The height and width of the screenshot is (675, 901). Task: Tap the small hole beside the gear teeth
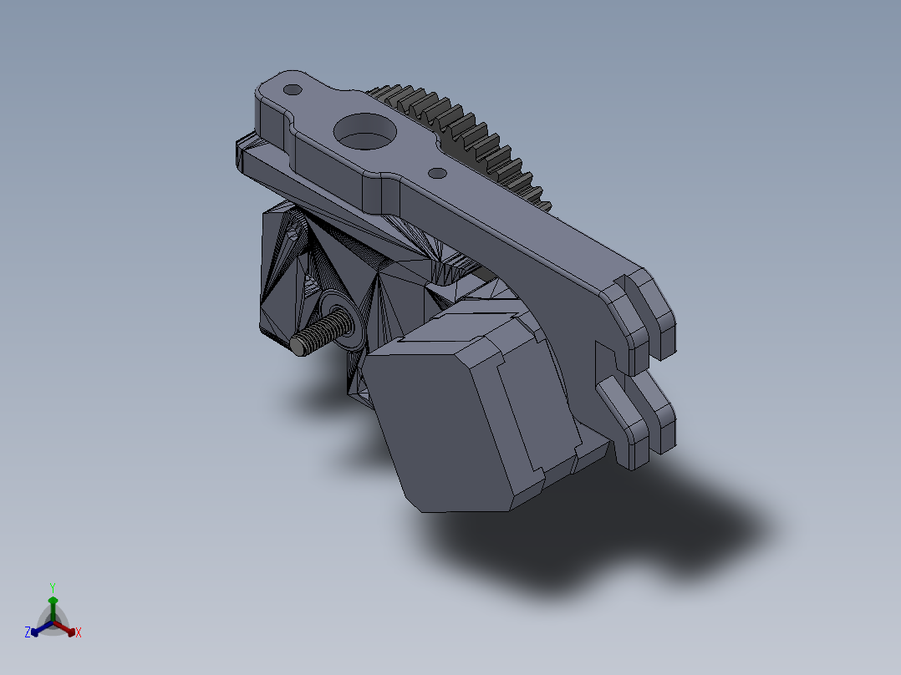pyautogui.click(x=437, y=173)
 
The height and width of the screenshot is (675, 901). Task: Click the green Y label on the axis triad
pyautogui.click(x=52, y=587)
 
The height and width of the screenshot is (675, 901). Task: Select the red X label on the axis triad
pyautogui.click(x=79, y=633)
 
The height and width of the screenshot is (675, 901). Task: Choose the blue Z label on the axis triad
pyautogui.click(x=28, y=633)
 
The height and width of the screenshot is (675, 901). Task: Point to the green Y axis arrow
pyautogui.click(x=52, y=605)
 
